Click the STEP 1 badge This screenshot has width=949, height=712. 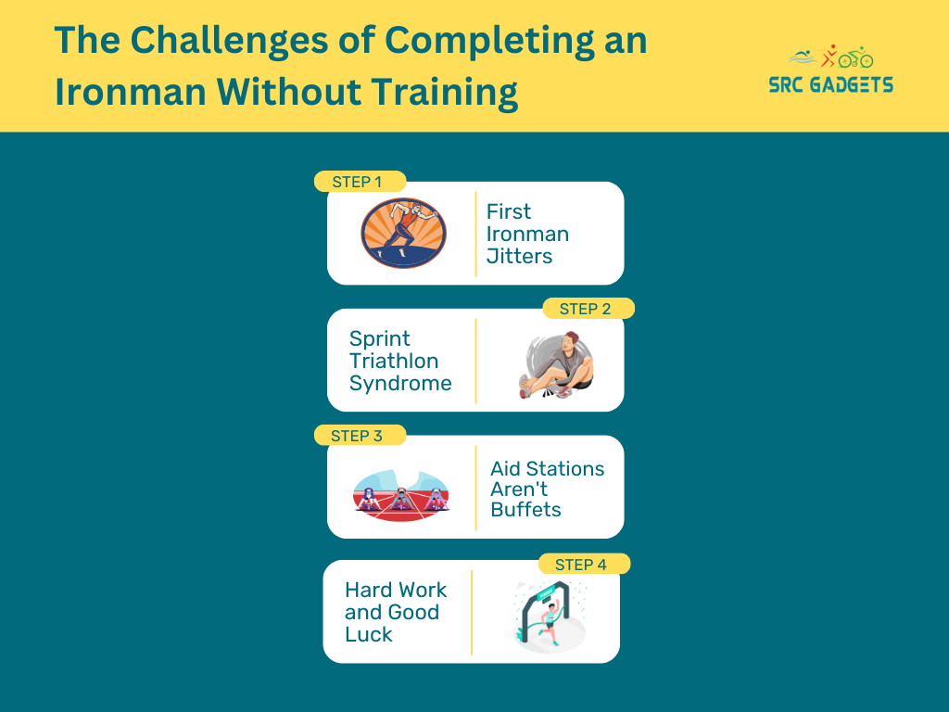(361, 182)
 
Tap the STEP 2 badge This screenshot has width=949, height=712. (588, 309)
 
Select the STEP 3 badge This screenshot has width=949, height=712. (361, 436)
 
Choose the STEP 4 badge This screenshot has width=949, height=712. (584, 565)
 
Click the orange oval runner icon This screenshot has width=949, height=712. (404, 233)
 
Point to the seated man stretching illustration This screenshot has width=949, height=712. (557, 364)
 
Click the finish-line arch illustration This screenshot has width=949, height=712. (549, 617)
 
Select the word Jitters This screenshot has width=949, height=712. (519, 256)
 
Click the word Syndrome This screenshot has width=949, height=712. (400, 383)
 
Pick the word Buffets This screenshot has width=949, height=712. (526, 510)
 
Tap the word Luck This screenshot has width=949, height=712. (369, 634)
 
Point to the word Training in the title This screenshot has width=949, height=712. (445, 93)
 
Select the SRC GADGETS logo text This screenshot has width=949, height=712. (831, 84)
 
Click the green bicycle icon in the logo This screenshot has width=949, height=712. (855, 57)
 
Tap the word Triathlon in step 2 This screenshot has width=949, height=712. (394, 361)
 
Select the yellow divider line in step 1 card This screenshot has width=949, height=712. (475, 234)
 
